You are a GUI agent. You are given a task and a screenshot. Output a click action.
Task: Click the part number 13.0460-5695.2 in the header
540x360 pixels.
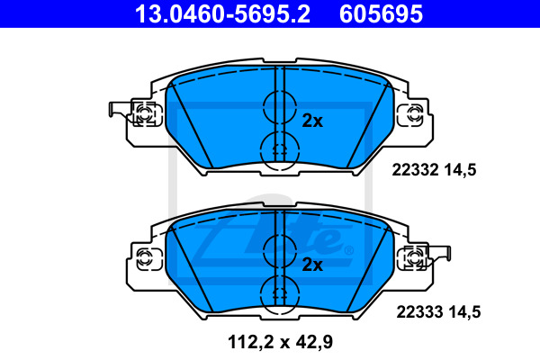(x=222, y=14)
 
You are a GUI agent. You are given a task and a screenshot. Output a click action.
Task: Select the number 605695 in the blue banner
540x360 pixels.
(x=381, y=14)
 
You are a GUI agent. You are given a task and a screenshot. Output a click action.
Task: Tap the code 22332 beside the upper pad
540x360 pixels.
(x=415, y=170)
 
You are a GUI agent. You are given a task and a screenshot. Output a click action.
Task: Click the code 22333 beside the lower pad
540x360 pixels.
(x=419, y=312)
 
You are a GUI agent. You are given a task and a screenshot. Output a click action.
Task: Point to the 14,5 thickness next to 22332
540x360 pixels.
(x=460, y=170)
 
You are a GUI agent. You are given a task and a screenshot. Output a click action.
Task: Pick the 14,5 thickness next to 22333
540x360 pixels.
(x=464, y=313)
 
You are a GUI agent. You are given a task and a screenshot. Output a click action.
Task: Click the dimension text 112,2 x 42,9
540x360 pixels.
(x=280, y=342)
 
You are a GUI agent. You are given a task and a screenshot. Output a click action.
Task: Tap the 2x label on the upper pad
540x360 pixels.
(x=312, y=121)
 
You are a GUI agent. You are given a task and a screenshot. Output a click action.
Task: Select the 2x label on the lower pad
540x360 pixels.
(x=312, y=265)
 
